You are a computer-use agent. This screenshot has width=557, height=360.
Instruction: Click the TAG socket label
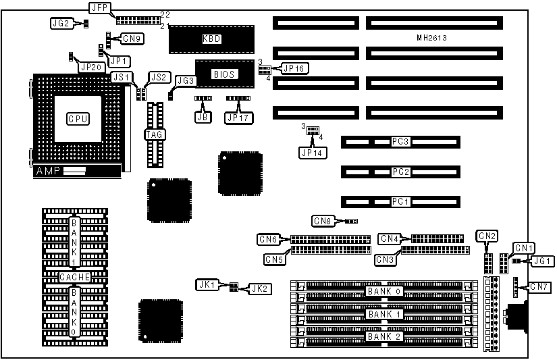tap(155, 134)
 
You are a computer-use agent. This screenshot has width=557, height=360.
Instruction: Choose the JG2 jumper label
tap(60, 23)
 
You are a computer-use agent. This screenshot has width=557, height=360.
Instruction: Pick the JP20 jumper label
tap(90, 66)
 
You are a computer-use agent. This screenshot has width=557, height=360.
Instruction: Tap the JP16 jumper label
tap(296, 68)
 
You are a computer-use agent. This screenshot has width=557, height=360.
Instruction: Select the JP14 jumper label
tap(313, 153)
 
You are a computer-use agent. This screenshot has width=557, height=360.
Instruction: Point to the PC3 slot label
tap(400, 142)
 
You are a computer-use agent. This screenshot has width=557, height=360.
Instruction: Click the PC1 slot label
tap(400, 201)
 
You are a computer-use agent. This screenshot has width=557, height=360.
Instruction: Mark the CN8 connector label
tap(323, 220)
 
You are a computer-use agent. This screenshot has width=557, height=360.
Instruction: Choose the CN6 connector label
tap(268, 238)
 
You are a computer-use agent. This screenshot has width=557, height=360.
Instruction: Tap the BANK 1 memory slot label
tap(383, 314)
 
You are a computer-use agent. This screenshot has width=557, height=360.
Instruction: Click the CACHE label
tap(74, 278)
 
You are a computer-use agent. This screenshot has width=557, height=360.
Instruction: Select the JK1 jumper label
tap(207, 285)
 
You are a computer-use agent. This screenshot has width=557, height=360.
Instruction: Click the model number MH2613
tap(431, 38)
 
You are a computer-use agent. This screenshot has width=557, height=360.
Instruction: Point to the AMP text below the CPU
tap(47, 172)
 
